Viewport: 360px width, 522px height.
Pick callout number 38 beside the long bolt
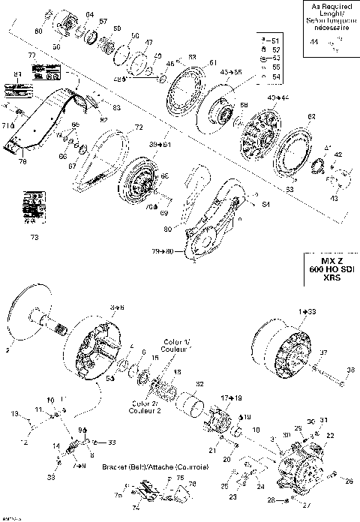(x=349, y=369)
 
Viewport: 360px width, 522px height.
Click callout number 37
(x=323, y=352)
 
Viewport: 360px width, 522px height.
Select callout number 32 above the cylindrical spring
(x=199, y=385)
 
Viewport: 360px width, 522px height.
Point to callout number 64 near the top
(x=90, y=15)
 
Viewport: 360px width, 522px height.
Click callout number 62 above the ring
(x=312, y=116)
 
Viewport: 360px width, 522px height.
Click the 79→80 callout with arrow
(x=163, y=251)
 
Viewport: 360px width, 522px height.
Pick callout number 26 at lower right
(x=349, y=481)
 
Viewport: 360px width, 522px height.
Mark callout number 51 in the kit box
(x=273, y=39)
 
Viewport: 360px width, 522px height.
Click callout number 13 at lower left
(x=13, y=413)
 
